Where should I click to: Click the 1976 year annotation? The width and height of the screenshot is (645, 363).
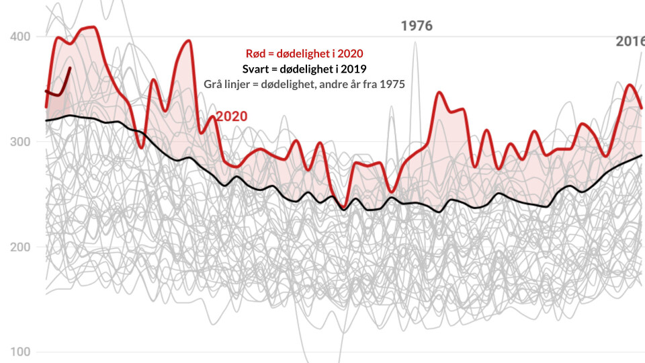pos(417,26)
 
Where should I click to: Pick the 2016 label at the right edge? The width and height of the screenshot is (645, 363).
pos(630,42)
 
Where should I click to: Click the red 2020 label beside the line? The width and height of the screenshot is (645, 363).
pos(231,116)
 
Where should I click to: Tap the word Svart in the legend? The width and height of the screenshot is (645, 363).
pos(256,69)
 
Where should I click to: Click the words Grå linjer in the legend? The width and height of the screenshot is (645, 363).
pos(229,85)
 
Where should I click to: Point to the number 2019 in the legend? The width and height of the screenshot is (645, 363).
pos(353,69)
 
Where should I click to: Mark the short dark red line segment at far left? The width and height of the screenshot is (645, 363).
pos(59,85)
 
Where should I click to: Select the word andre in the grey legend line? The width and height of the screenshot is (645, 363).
pos(329,85)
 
